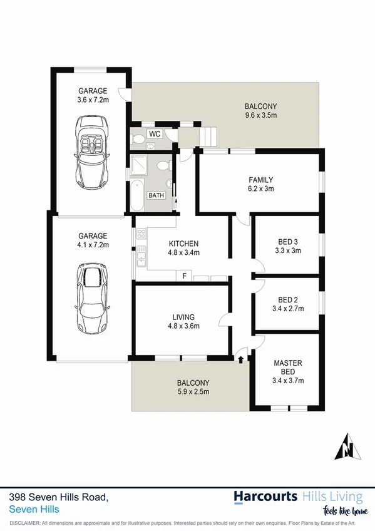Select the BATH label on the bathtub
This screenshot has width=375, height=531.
click(155, 195)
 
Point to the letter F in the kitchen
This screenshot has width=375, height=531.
click(184, 276)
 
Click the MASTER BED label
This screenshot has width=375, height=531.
click(288, 367)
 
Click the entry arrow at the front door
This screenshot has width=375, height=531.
click(241, 359)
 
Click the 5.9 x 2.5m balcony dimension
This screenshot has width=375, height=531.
click(192, 392)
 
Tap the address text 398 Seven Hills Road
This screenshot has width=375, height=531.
click(59, 496)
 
